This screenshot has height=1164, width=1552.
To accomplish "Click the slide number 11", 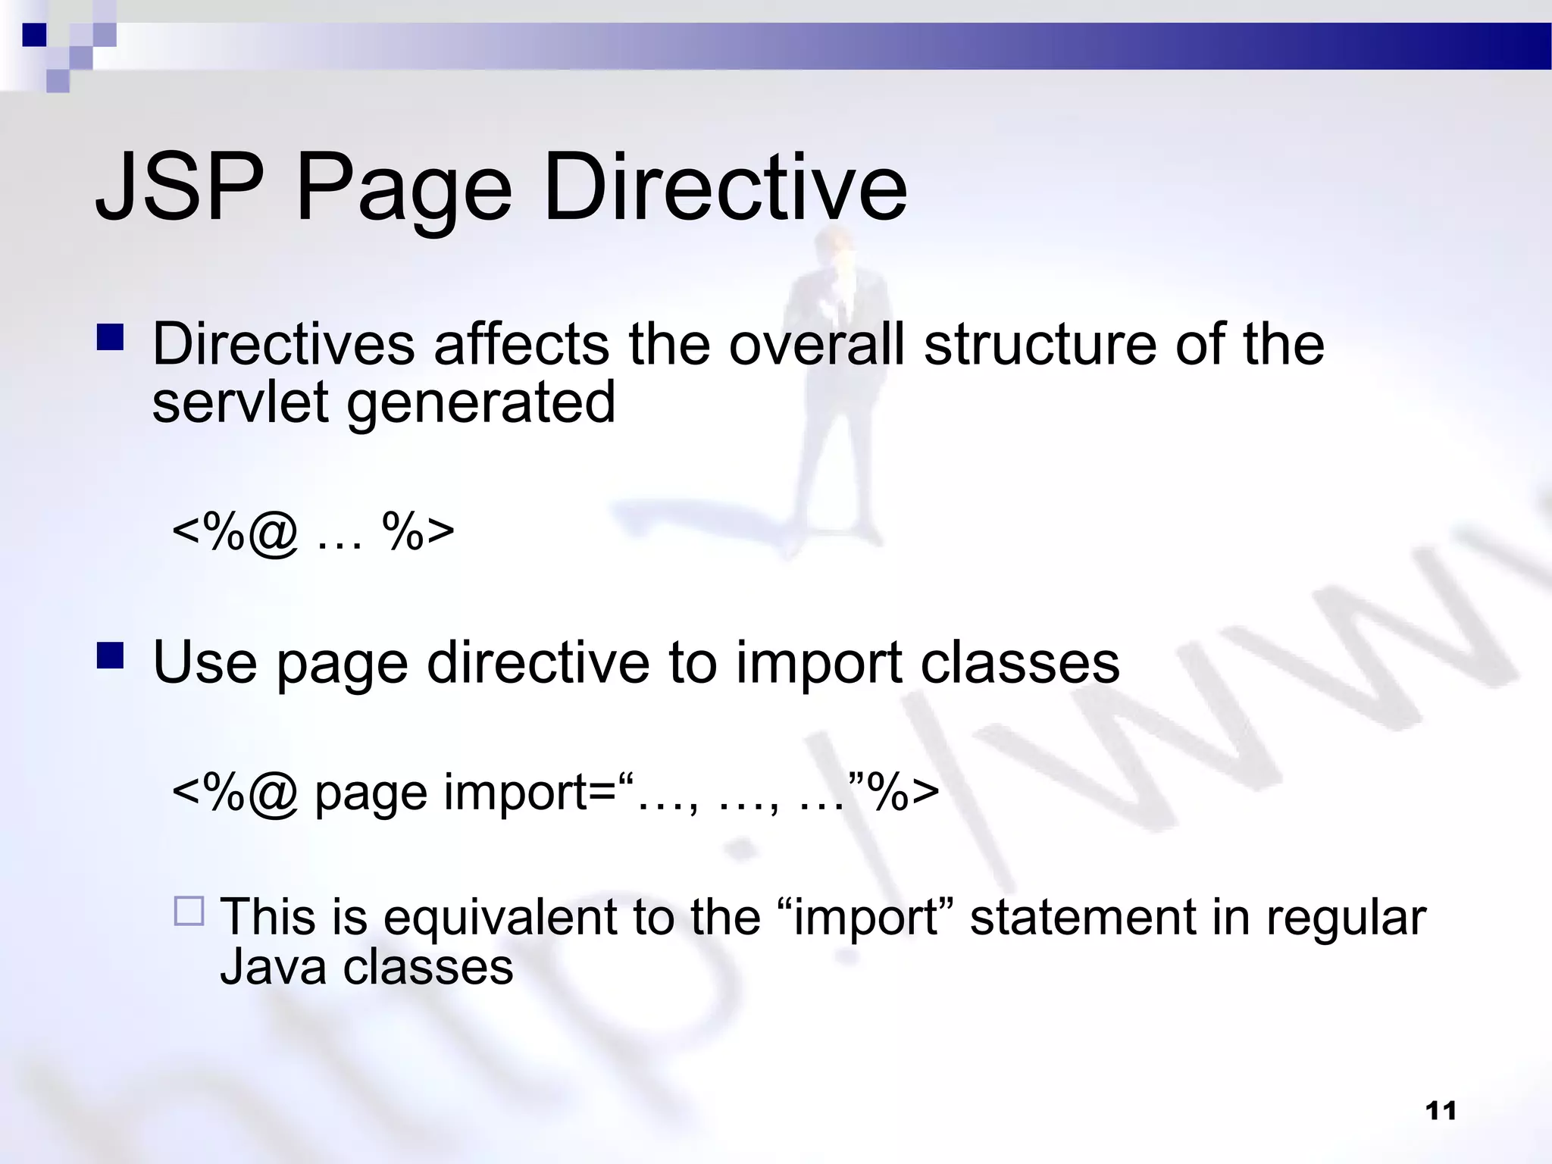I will [1441, 1111].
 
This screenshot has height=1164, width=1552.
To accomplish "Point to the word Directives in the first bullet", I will [283, 345].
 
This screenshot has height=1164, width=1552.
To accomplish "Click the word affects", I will [521, 345].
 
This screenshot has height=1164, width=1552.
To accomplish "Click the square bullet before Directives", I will [111, 337].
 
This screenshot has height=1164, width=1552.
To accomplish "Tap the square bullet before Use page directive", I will [111, 656].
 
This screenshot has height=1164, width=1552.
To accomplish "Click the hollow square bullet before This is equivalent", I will [189, 911].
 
